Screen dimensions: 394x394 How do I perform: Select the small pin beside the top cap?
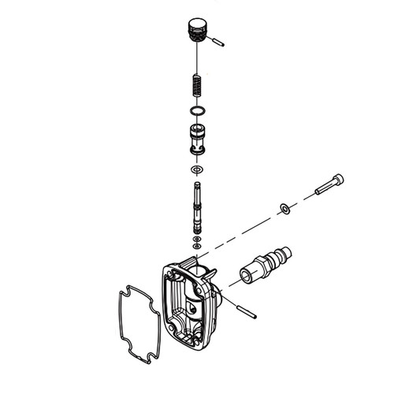217,42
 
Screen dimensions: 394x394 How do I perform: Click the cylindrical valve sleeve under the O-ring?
197,141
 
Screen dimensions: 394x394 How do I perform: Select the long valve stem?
196,207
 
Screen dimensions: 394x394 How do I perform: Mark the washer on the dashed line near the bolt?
284,209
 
